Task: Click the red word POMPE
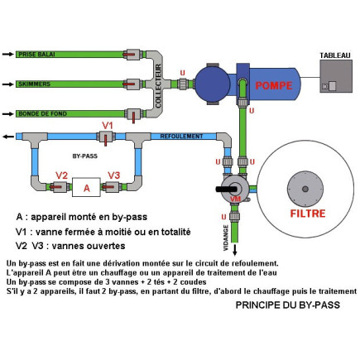pos(273,86)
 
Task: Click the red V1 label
pos(107,125)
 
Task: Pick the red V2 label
pos(61,175)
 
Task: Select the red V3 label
pos(114,175)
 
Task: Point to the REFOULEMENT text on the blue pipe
pos(180,136)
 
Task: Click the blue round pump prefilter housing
pos(211,84)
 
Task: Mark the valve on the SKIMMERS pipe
pos(132,84)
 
